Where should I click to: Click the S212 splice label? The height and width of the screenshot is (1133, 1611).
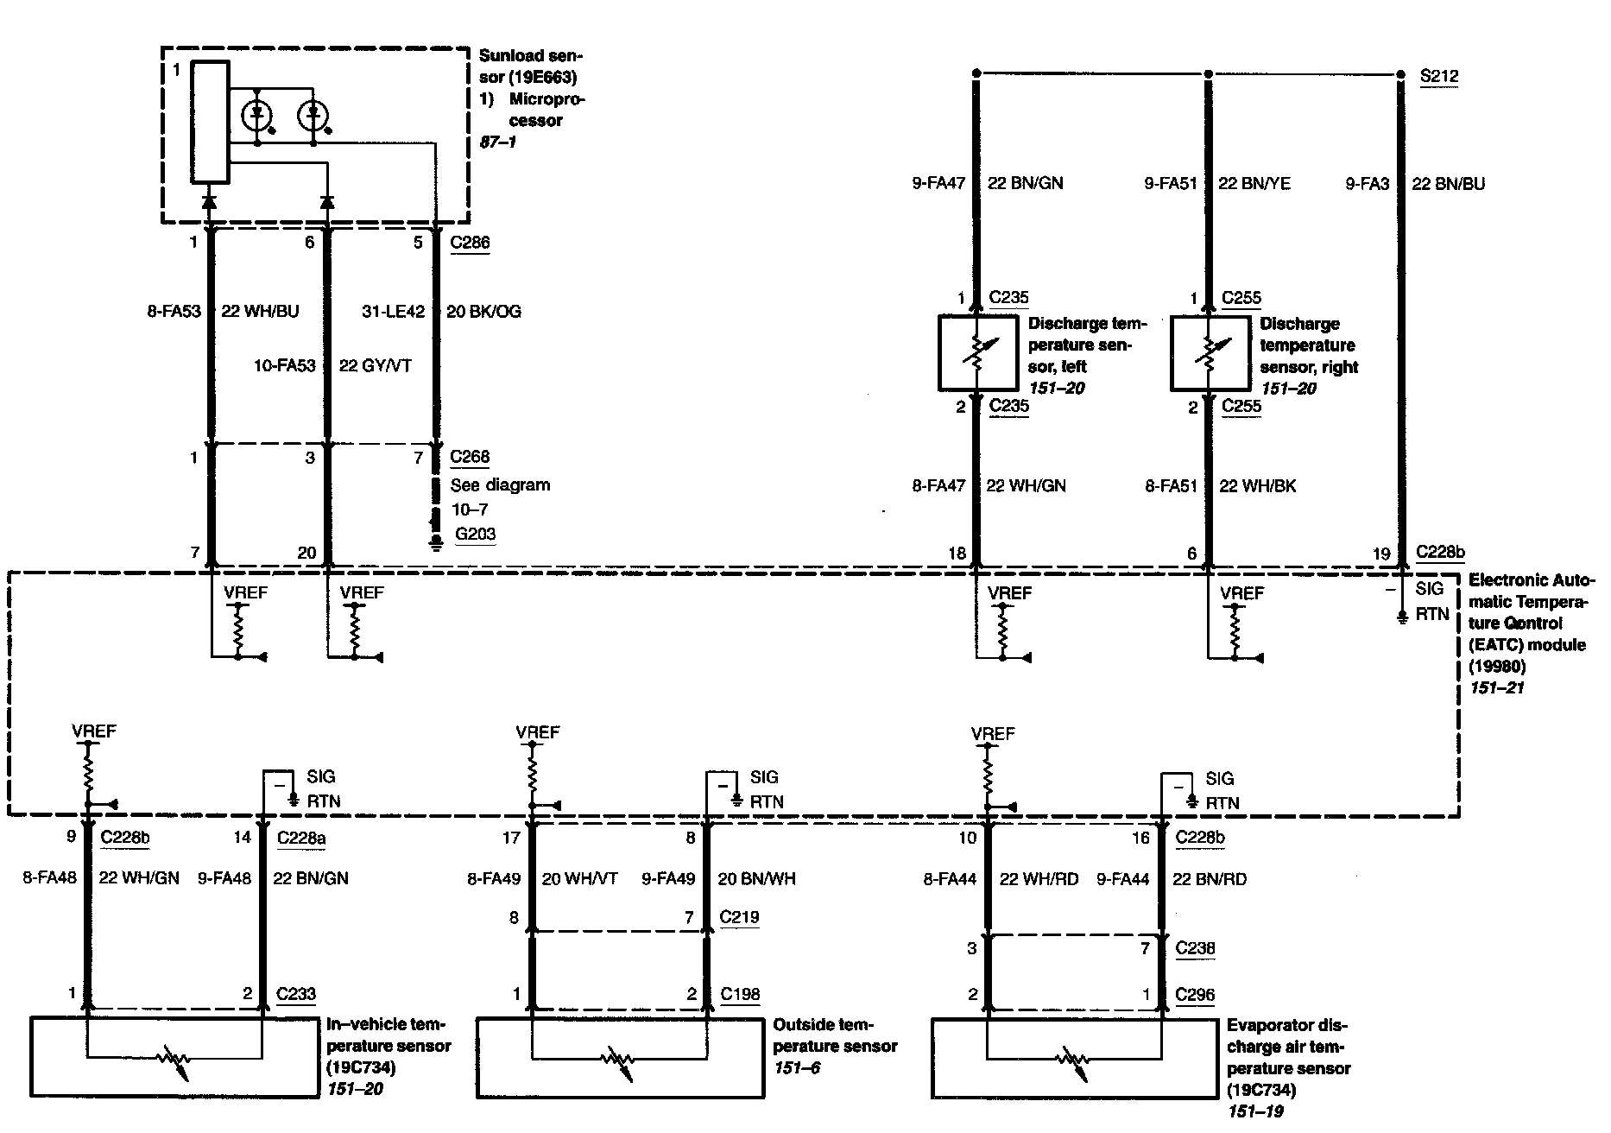click(x=1439, y=76)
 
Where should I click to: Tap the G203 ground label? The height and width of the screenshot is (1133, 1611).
click(x=475, y=534)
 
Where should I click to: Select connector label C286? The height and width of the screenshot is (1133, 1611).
click(x=470, y=243)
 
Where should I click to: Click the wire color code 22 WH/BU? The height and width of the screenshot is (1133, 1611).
click(x=260, y=312)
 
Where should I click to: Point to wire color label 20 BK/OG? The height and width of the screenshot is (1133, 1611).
click(x=483, y=312)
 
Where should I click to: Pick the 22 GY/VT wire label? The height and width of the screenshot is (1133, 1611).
click(x=375, y=366)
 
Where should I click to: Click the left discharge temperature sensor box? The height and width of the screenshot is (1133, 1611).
click(x=976, y=352)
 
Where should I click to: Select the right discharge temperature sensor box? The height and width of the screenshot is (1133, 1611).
click(x=1209, y=352)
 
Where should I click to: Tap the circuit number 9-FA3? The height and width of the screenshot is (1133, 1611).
click(x=1367, y=184)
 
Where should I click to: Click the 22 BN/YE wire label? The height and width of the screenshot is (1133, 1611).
click(x=1254, y=184)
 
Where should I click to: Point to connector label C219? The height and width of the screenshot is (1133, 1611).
click(x=739, y=917)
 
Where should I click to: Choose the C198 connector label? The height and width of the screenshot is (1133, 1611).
click(x=740, y=994)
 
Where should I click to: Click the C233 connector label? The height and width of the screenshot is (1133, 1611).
click(x=296, y=994)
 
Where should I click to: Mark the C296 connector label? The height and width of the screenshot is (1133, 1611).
click(x=1195, y=995)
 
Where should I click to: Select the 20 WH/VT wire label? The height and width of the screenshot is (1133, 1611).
click(x=579, y=879)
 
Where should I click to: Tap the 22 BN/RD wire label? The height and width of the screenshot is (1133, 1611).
click(x=1210, y=879)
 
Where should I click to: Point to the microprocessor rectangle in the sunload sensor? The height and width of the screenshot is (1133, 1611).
click(x=210, y=123)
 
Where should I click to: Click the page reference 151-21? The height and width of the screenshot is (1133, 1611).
click(x=1497, y=688)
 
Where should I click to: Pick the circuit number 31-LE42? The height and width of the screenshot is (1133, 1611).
click(x=393, y=312)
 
